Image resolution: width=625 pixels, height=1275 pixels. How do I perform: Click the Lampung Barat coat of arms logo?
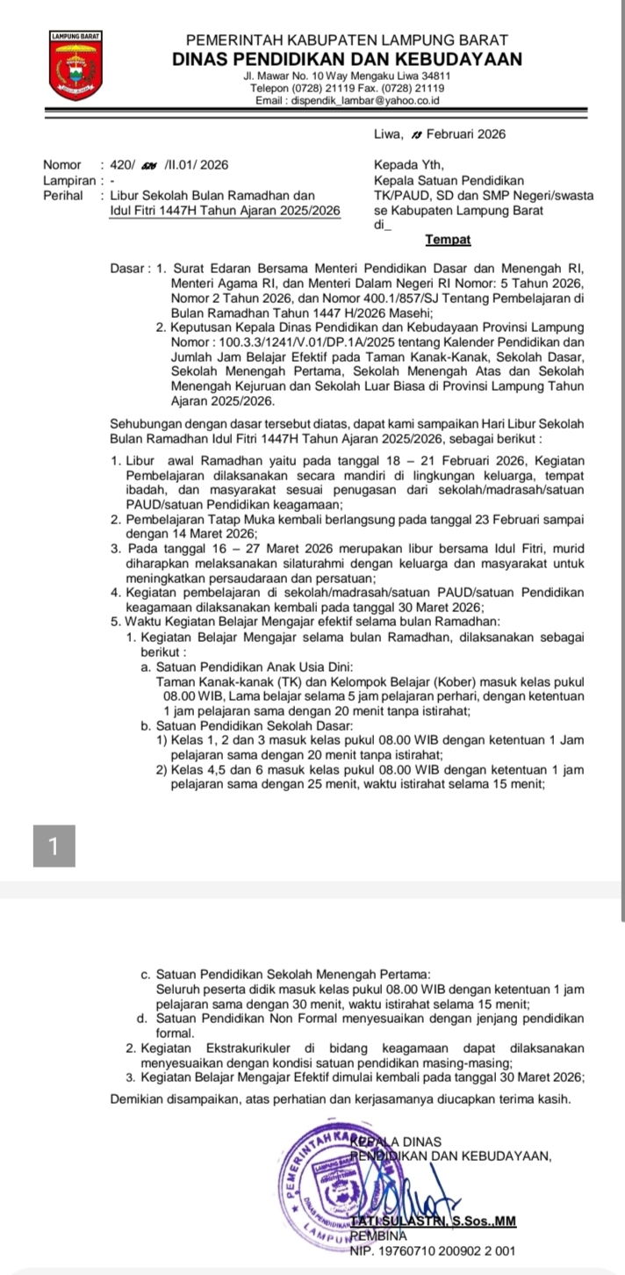tap(75, 65)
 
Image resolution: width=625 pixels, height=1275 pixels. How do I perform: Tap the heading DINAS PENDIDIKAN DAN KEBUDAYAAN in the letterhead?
tap(348, 60)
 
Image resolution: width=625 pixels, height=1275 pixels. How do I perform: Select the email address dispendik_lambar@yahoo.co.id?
tap(348, 102)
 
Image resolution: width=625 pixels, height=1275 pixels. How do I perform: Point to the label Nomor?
tap(61, 164)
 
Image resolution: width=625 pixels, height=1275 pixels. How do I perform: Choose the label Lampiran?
tap(67, 180)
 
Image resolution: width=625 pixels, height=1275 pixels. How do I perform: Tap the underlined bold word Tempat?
tap(448, 240)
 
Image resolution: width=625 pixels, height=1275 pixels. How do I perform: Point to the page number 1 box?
tap(54, 846)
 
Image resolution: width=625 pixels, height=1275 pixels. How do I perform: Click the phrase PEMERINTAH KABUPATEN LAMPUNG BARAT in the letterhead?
tap(348, 40)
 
